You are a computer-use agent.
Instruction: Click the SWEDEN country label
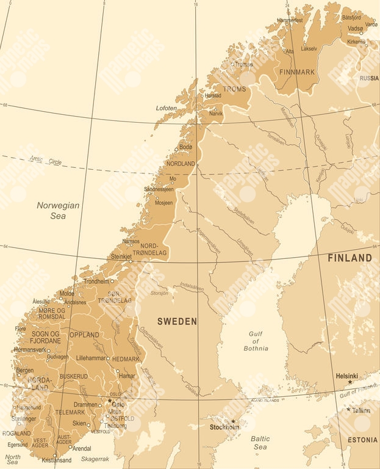pyautogui.click(x=177, y=321)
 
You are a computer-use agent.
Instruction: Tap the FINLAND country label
pyautogui.click(x=350, y=258)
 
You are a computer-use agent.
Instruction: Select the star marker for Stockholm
pyautogui.click(x=232, y=421)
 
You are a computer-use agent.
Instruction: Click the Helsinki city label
pyautogui.click(x=346, y=376)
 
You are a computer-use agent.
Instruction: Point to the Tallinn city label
pyautogui.click(x=360, y=410)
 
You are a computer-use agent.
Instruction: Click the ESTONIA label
pyautogui.click(x=362, y=440)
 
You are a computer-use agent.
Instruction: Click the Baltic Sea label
pyautogui.click(x=260, y=443)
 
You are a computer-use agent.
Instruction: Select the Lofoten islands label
pyautogui.click(x=166, y=108)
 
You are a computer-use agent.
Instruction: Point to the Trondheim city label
pyautogui.click(x=96, y=282)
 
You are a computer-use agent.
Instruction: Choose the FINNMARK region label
pyautogui.click(x=296, y=72)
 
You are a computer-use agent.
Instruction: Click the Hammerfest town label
pyautogui.click(x=289, y=20)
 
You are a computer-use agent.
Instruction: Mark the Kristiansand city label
pyautogui.click(x=56, y=460)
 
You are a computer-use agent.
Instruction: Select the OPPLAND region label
pyautogui.click(x=84, y=335)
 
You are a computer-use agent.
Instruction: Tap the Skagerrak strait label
pyautogui.click(x=95, y=459)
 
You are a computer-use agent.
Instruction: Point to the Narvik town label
pyautogui.click(x=217, y=113)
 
